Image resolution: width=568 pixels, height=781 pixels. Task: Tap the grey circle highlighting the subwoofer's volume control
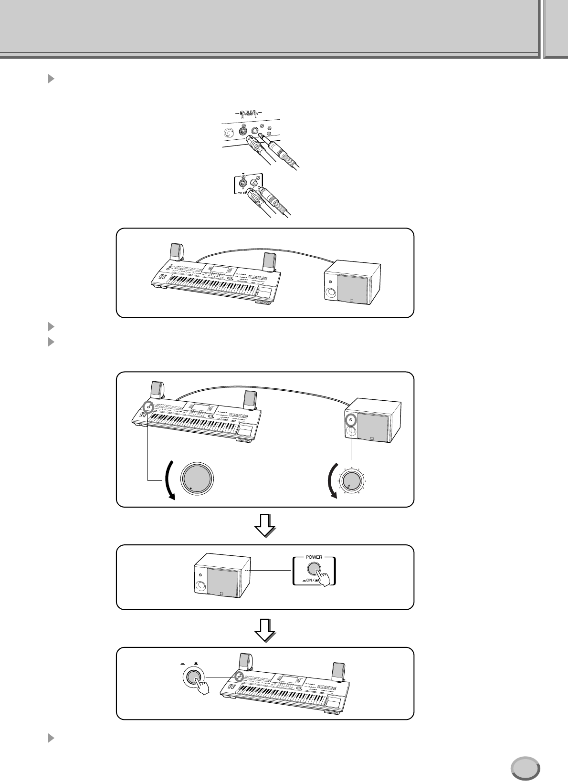coord(351,421)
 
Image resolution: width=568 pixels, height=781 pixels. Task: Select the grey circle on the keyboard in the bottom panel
coord(240,677)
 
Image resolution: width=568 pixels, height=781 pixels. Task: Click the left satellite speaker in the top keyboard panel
coord(176,252)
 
